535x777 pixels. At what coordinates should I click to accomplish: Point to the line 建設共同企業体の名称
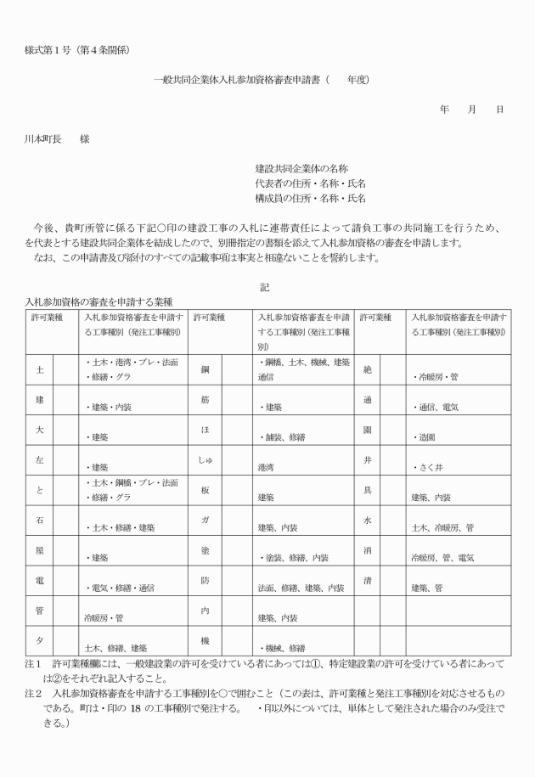[301, 169]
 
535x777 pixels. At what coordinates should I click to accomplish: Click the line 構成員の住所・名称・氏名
[310, 198]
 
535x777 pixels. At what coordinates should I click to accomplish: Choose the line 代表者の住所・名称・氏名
[310, 183]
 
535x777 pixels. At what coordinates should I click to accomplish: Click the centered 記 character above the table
[266, 287]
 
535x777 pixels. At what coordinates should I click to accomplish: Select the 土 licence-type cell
[39, 371]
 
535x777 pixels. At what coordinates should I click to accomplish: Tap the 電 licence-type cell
[39, 580]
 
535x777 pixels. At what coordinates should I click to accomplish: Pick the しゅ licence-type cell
[205, 460]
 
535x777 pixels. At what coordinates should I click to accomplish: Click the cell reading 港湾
[270, 467]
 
